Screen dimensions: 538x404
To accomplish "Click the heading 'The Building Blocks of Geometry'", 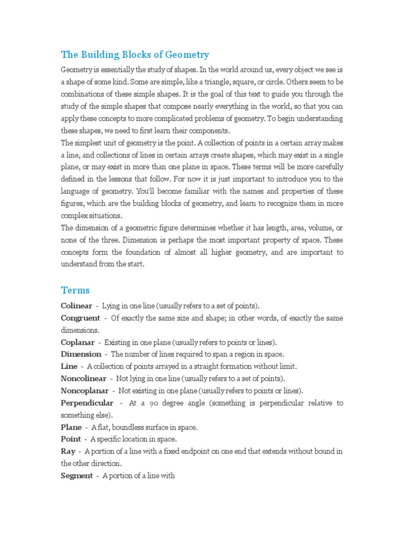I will [135, 55].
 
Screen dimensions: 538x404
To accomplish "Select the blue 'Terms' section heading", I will [75, 290].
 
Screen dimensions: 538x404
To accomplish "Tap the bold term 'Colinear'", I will [76, 306].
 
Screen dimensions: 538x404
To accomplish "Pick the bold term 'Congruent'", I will [80, 318].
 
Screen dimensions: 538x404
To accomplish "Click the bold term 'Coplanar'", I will [77, 342].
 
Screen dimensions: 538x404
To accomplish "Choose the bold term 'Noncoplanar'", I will [85, 390].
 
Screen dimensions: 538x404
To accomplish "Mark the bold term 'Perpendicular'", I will [87, 403].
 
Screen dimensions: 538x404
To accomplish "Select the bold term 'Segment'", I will [77, 475].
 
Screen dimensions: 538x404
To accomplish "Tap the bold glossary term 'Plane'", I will [72, 427].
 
